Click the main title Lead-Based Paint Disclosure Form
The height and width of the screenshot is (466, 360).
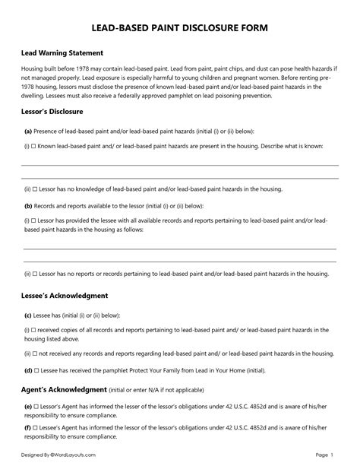[x=179, y=28]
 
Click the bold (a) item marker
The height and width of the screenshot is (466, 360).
[x=27, y=131]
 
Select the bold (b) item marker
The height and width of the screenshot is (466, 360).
[x=27, y=205]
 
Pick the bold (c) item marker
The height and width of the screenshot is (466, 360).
[x=27, y=314]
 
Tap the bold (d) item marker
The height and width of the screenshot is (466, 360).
[x=27, y=369]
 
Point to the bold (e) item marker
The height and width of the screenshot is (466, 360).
[x=27, y=407]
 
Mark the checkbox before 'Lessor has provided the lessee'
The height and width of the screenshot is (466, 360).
[x=35, y=220]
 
